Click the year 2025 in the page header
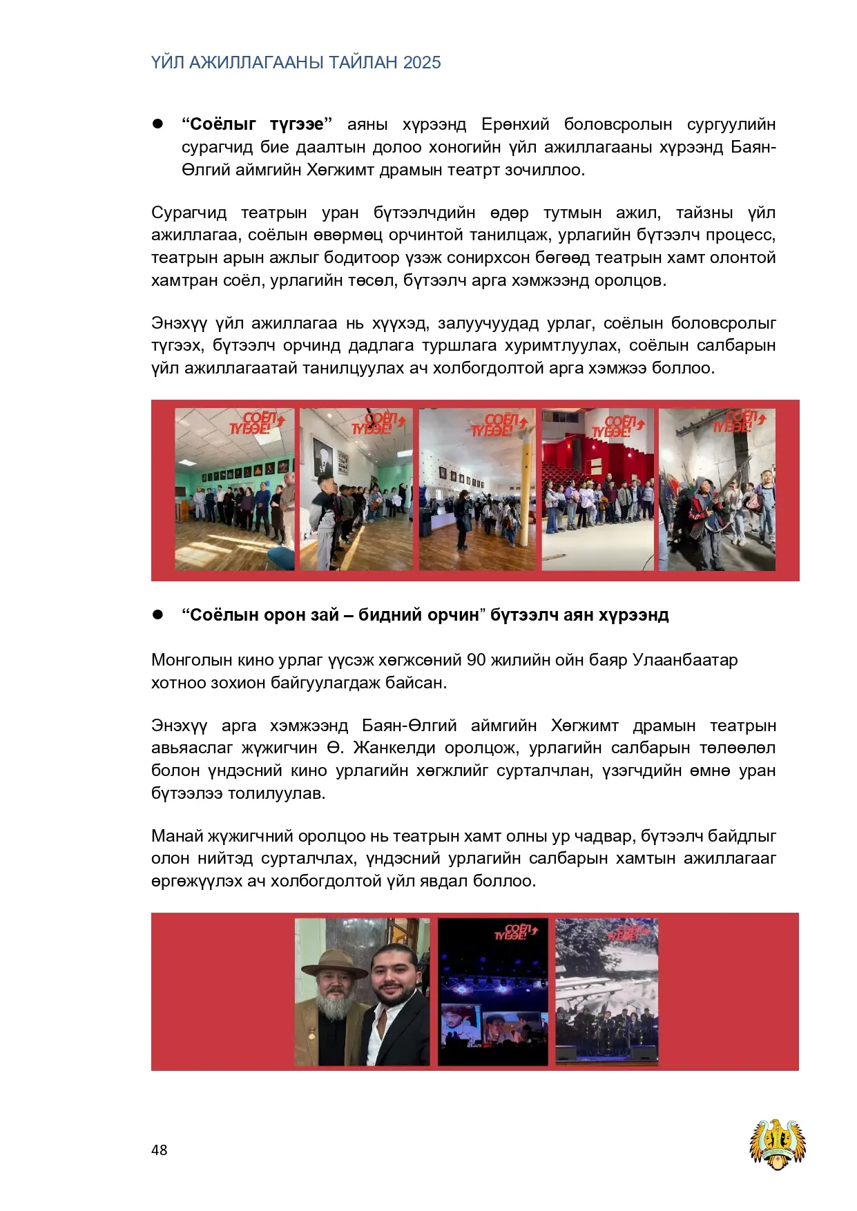[x=422, y=63]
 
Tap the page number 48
[x=159, y=1150]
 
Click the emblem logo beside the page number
[x=778, y=1145]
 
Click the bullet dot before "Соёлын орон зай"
[x=157, y=614]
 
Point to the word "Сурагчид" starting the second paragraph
[x=189, y=213]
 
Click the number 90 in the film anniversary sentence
[x=476, y=660]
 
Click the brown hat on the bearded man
[x=335, y=962]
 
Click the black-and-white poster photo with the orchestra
[x=606, y=991]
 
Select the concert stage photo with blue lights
[x=493, y=991]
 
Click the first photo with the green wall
[x=234, y=489]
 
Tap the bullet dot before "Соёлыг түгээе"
[x=157, y=124]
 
